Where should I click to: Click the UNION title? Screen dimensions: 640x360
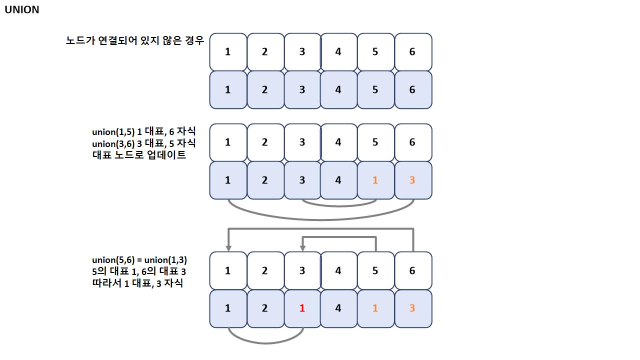pyautogui.click(x=21, y=10)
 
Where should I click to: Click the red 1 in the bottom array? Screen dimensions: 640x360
pyautogui.click(x=302, y=308)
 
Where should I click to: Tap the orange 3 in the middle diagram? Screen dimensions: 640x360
pyautogui.click(x=412, y=180)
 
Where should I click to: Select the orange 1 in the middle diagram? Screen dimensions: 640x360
pyautogui.click(x=375, y=180)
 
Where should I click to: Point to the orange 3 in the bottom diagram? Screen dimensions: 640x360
pyautogui.click(x=412, y=308)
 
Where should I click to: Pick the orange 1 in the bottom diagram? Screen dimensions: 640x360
pyautogui.click(x=375, y=308)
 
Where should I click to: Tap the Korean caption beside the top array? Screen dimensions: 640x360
pyautogui.click(x=135, y=41)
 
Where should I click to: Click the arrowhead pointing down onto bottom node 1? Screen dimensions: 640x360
pyautogui.click(x=228, y=247)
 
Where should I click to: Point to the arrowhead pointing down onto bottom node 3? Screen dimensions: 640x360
pyautogui.click(x=302, y=247)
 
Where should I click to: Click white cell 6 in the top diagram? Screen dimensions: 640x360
pyautogui.click(x=412, y=51)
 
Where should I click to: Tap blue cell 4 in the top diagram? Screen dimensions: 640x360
pyautogui.click(x=338, y=90)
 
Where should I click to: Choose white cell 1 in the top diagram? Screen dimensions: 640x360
pyautogui.click(x=228, y=51)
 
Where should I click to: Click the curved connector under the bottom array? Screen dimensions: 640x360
pyautogui.click(x=265, y=342)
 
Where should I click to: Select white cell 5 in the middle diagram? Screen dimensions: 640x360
pyautogui.click(x=375, y=142)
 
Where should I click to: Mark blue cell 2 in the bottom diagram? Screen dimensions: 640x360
pyautogui.click(x=265, y=308)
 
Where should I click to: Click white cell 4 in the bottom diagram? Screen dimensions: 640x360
pyautogui.click(x=338, y=270)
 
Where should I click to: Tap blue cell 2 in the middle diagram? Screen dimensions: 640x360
pyautogui.click(x=265, y=180)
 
